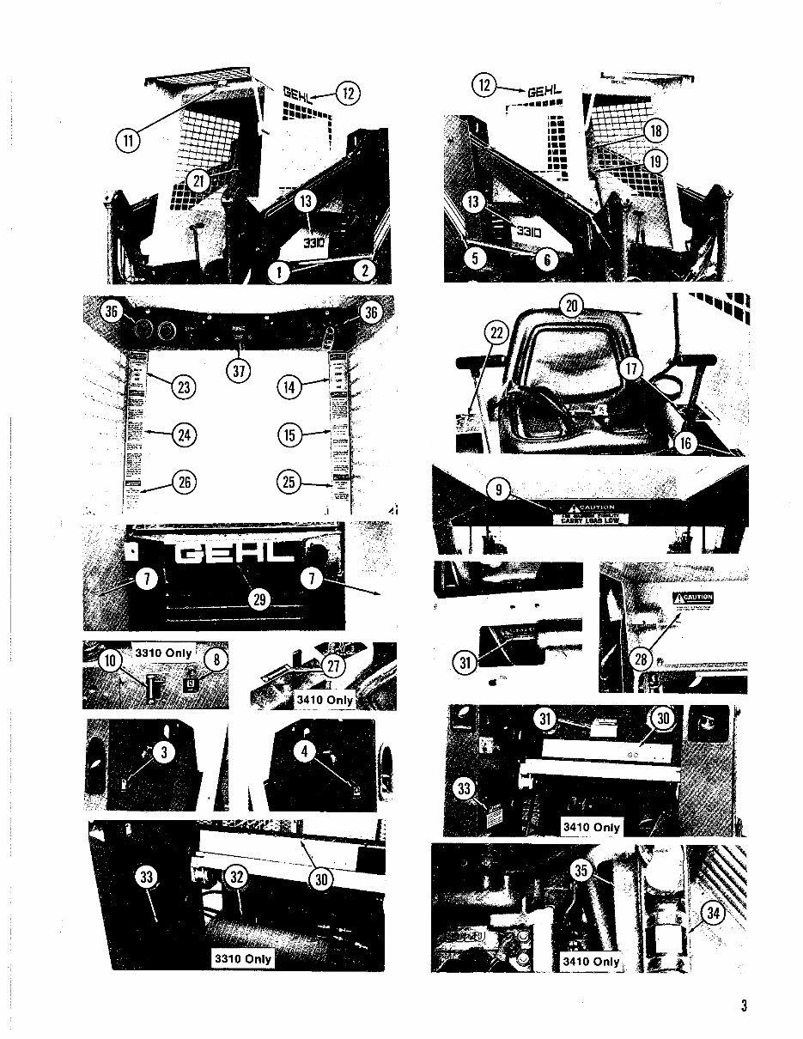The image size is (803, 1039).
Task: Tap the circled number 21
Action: [199, 180]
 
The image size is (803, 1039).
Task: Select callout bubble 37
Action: [236, 371]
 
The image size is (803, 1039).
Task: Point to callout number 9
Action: [498, 489]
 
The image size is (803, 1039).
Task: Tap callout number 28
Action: [642, 659]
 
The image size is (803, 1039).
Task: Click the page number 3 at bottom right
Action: [744, 1006]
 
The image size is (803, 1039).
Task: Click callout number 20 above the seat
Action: [571, 305]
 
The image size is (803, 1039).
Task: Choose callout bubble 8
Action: [218, 660]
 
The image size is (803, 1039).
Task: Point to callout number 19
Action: [656, 161]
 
